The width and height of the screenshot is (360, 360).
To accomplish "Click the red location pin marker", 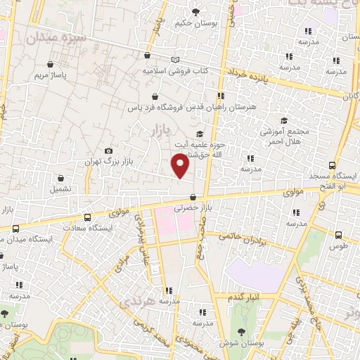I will (181, 165).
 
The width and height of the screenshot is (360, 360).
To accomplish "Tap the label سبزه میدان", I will (56, 37).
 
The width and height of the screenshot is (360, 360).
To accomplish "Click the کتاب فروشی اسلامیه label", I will (173, 72).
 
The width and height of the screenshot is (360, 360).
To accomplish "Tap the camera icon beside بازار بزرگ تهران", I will (108, 150).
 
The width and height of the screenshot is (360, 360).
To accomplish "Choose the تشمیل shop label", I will (60, 189).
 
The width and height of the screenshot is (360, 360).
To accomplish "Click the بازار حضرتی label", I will (193, 209).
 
